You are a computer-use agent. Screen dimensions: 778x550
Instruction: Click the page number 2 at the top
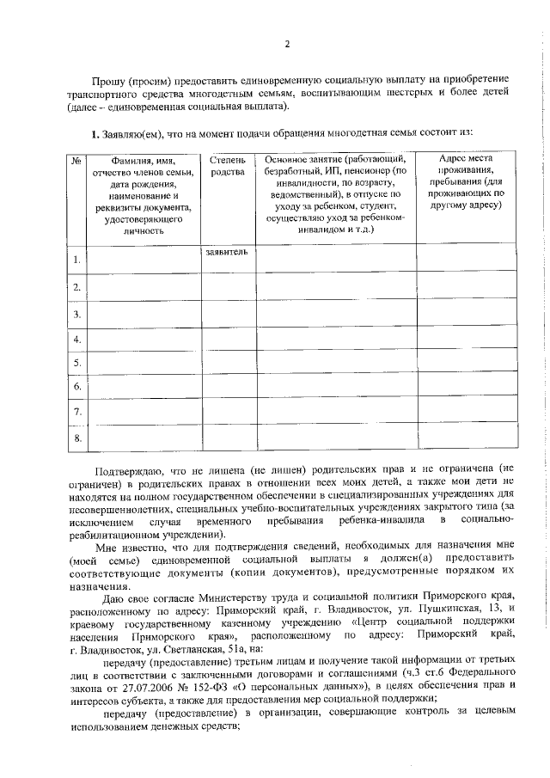(x=287, y=44)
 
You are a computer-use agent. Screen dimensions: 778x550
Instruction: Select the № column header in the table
(x=76, y=160)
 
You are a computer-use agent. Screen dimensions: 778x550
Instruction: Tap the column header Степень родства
(x=228, y=165)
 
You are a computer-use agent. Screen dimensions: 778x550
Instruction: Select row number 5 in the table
(x=76, y=363)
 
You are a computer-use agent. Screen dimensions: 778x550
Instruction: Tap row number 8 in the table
(x=76, y=439)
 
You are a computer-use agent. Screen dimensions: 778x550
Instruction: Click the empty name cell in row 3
(x=143, y=314)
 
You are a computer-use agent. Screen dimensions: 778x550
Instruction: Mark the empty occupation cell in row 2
(x=335, y=287)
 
